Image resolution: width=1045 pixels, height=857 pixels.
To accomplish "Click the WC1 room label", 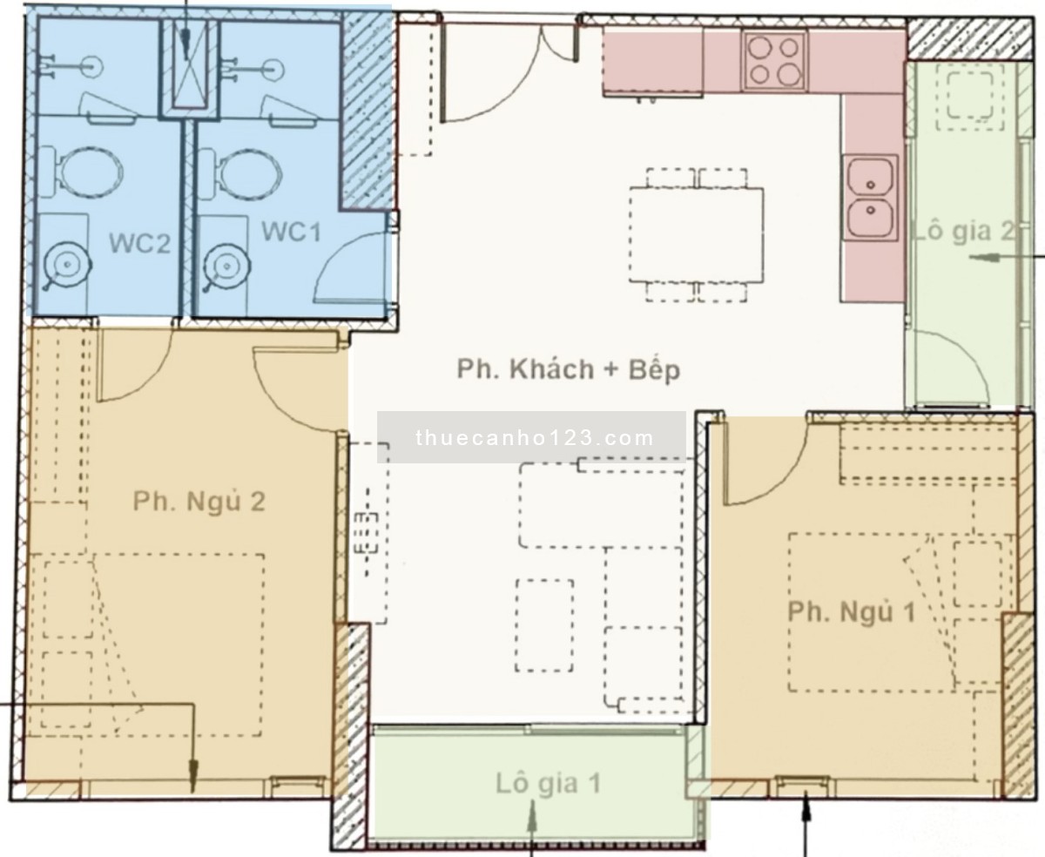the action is pyautogui.click(x=292, y=232).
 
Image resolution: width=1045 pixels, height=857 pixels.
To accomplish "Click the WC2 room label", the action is pyautogui.click(x=139, y=243).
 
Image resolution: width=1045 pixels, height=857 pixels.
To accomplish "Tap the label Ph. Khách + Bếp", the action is pyautogui.click(x=569, y=370).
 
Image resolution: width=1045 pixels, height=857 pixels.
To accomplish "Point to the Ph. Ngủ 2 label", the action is pyautogui.click(x=199, y=502).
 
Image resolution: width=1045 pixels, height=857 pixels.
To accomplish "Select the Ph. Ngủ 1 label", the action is pyautogui.click(x=852, y=612).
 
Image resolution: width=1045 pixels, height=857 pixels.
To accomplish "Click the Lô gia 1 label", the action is pyautogui.click(x=548, y=784).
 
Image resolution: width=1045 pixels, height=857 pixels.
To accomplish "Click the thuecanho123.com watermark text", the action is pyautogui.click(x=535, y=438).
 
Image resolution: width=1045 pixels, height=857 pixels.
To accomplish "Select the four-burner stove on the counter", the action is pyautogui.click(x=773, y=61).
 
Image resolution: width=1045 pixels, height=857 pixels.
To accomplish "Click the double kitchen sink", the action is pyautogui.click(x=871, y=198).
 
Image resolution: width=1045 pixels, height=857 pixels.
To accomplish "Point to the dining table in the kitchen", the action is pyautogui.click(x=696, y=234).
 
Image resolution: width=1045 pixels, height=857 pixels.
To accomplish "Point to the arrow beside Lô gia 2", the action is pyautogui.click(x=1006, y=257).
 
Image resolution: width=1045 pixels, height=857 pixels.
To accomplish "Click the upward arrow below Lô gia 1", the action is pyautogui.click(x=532, y=827).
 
